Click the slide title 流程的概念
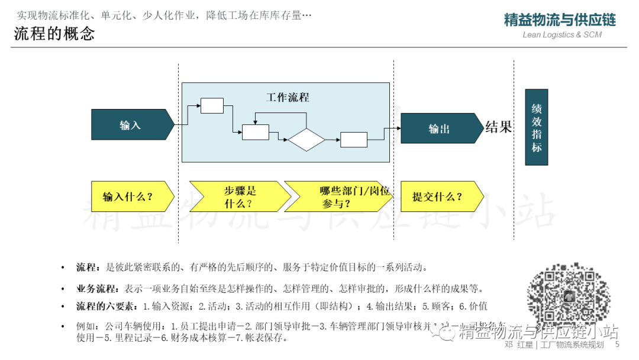coord(54,34)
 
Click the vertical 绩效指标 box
coord(536,127)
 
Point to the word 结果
coord(498,127)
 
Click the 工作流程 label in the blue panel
coord(288,98)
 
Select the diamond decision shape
coord(306,140)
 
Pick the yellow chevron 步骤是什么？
coord(240,197)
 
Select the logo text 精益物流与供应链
coord(560,20)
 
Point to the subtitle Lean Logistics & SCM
coord(562,35)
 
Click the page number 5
coord(617,345)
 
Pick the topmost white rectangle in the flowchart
coord(212,106)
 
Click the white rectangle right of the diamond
coord(353,140)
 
